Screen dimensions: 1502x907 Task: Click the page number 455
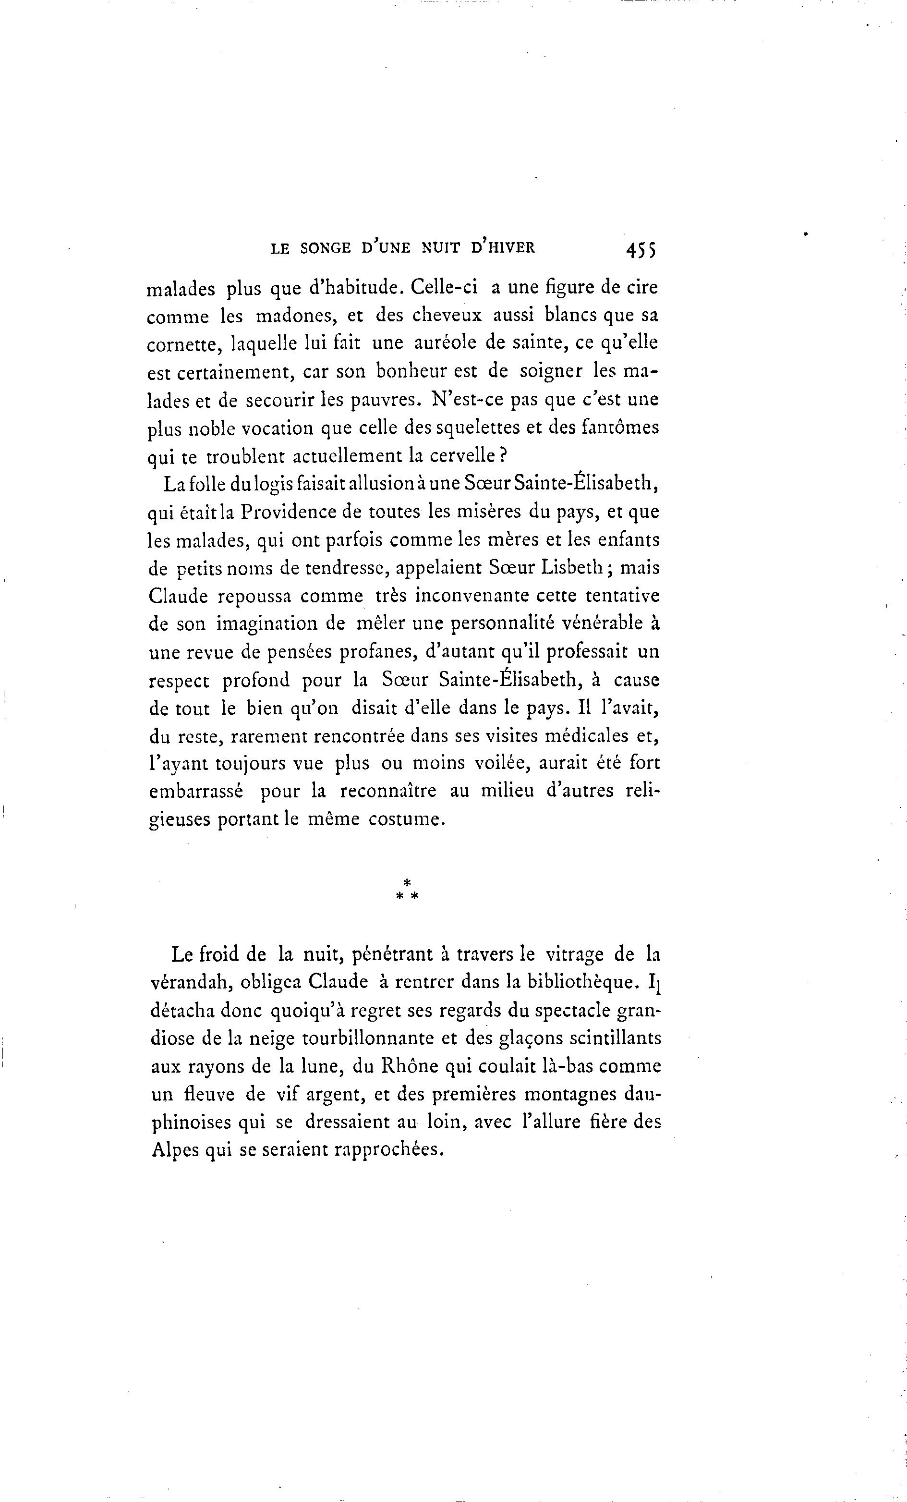[640, 249]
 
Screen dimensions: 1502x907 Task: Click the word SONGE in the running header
[326, 248]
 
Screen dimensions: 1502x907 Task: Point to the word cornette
[183, 345]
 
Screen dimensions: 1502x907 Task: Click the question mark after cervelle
[504, 455]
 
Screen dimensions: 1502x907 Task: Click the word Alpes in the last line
[174, 1150]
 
